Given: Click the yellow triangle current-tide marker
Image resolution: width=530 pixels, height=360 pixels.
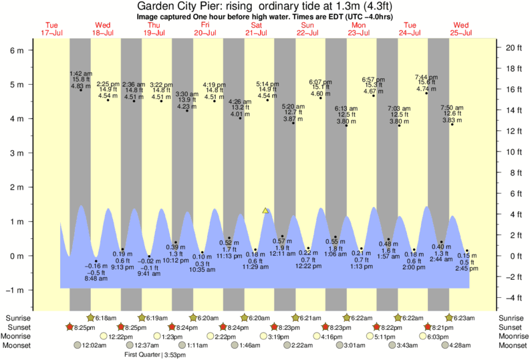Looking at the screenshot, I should coord(266,211).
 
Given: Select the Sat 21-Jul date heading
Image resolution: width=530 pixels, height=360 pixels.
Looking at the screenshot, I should coord(257,29).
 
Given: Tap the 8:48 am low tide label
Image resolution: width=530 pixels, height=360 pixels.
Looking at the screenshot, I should coord(96,278).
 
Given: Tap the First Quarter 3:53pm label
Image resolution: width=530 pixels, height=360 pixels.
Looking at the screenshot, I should coord(154,355).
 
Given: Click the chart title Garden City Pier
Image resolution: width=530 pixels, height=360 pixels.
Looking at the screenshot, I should coord(264,6).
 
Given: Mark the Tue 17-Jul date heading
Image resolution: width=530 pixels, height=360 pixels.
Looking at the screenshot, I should coord(52,29).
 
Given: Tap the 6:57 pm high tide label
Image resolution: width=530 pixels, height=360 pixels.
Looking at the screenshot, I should coord(373,79).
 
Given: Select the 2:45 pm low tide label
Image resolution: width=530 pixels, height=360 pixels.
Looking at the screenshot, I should coord(466,268).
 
